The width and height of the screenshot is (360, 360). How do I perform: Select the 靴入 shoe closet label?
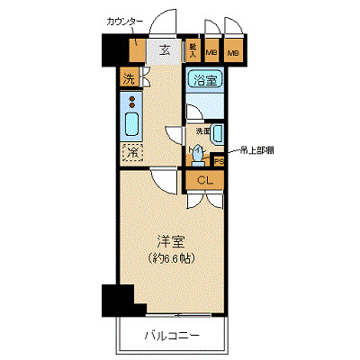[193, 50]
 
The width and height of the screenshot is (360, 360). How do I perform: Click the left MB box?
[211, 52]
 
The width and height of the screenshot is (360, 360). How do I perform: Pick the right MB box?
[234, 52]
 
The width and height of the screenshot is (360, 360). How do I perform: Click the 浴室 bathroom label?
[204, 79]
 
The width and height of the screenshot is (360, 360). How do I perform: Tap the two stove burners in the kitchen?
[131, 100]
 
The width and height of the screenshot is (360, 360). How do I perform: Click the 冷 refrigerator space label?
[131, 152]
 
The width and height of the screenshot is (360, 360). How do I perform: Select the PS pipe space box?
[219, 161]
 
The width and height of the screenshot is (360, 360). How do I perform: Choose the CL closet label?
[205, 181]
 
